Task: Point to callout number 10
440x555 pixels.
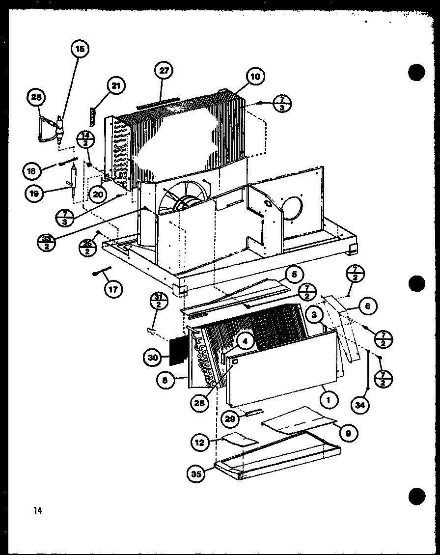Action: [255, 77]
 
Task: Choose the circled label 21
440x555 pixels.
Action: [115, 86]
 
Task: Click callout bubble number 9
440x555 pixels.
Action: [347, 433]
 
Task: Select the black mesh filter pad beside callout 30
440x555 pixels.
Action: [177, 351]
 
